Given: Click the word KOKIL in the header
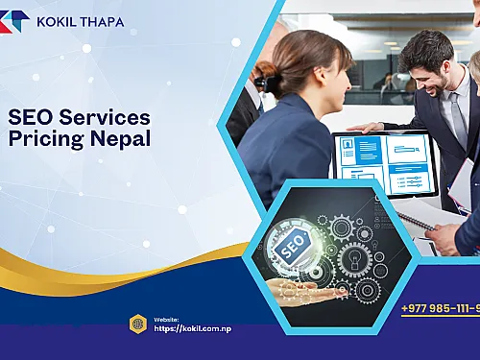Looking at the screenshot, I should pyautogui.click(x=55, y=21).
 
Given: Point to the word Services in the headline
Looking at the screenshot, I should pyautogui.click(x=103, y=118).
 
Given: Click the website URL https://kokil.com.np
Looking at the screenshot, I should pyautogui.click(x=192, y=328).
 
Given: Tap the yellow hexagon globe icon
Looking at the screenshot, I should pyautogui.click(x=138, y=324).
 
